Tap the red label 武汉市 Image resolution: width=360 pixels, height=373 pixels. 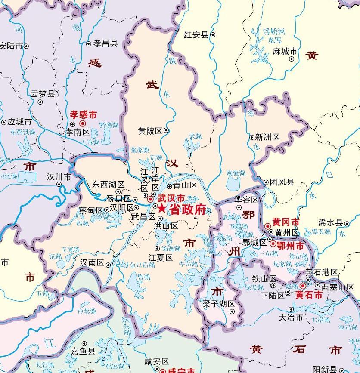(x=171, y=198)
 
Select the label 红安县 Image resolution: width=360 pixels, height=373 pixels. (x=196, y=34)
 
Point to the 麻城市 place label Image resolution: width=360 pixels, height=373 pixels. (x=285, y=51)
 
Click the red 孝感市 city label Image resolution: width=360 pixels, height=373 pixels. (x=84, y=115)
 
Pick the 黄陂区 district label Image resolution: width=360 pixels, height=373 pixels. (x=150, y=130)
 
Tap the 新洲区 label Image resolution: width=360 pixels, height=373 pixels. (x=267, y=137)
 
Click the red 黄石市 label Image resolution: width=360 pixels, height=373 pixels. (x=309, y=295)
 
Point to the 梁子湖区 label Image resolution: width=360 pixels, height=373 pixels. (x=219, y=304)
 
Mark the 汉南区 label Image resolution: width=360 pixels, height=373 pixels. (x=92, y=262)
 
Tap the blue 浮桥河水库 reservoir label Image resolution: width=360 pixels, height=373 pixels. (x=274, y=36)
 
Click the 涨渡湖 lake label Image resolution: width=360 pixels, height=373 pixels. (x=236, y=173)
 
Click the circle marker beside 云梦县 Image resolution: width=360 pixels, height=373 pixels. (x=40, y=102)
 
